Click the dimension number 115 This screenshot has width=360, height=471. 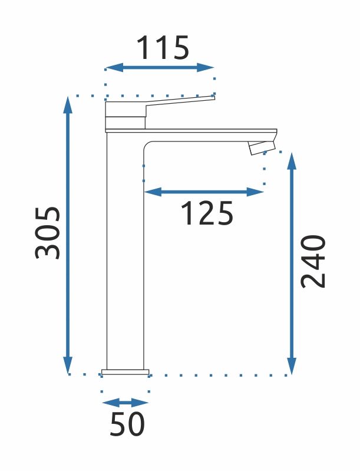coord(163,48)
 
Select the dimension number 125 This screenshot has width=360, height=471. coord(206,213)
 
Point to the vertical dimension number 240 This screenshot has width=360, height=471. coord(313,261)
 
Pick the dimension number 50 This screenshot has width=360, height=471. coord(127,424)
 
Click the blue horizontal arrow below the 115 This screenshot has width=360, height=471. coord(159,68)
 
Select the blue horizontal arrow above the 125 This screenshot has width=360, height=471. coord(204,192)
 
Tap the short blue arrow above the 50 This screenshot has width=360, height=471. coord(125,403)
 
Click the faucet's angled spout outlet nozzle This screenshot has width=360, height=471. coord(262,147)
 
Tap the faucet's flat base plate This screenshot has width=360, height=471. coord(125,372)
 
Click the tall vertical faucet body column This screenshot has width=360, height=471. coord(125,253)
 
